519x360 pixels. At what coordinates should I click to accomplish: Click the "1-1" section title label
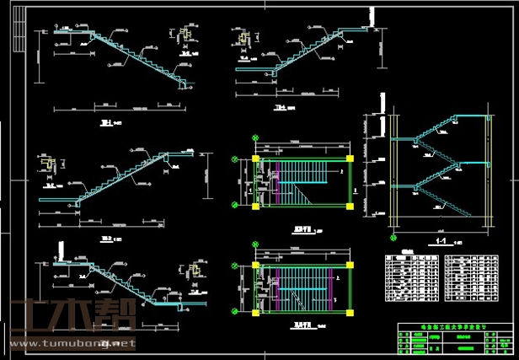coord(440,240)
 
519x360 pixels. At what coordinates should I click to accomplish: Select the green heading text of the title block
coord(453,325)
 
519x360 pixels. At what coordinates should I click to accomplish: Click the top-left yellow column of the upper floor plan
coord(254,158)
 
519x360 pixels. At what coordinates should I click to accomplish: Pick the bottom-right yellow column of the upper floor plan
coord(349,205)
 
